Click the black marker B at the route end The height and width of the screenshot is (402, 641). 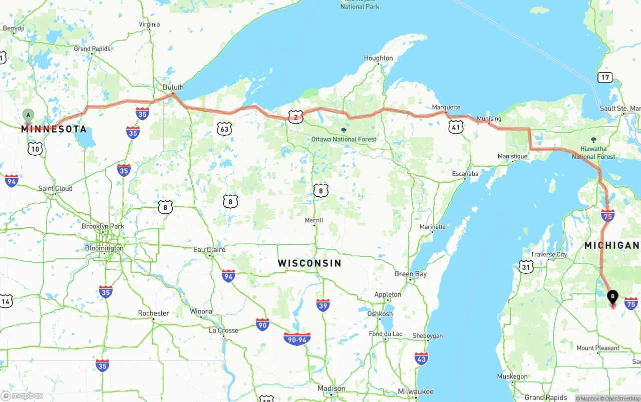[612, 297]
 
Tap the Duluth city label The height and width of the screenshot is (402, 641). [173, 87]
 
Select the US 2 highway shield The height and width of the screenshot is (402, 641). [295, 118]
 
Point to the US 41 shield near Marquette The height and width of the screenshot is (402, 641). [455, 127]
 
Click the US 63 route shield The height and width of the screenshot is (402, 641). [224, 129]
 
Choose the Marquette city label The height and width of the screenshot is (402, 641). [446, 107]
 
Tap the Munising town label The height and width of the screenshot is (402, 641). [489, 119]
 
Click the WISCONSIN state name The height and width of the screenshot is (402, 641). [309, 263]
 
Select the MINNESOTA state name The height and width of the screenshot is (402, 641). [54, 129]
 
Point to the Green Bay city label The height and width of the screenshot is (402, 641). [411, 274]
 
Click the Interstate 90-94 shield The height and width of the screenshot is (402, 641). [296, 339]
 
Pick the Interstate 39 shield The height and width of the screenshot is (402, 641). [323, 305]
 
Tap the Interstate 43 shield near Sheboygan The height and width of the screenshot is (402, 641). [421, 358]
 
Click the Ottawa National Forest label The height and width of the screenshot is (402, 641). [344, 139]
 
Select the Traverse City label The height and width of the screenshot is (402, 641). [549, 254]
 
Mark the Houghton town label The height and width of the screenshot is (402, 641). [378, 58]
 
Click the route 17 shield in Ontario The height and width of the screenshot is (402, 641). [605, 77]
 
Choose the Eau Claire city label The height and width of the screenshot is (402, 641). [209, 249]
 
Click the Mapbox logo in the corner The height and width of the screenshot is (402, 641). [22, 395]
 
